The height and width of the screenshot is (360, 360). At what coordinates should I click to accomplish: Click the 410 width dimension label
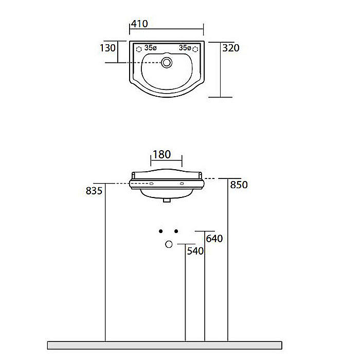139,24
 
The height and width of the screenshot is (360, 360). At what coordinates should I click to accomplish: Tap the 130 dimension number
107,48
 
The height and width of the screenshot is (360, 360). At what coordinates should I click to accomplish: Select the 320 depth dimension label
231,48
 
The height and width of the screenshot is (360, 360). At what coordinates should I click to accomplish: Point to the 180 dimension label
161,154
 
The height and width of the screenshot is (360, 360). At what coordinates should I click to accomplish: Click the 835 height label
94,191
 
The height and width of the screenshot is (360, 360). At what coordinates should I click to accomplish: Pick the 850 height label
239,185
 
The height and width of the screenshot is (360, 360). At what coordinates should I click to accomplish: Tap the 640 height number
214,239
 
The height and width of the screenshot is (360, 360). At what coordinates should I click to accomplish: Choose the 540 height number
195,251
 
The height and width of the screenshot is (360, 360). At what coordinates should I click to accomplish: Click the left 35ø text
150,48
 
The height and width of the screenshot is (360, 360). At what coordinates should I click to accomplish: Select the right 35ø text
185,48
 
